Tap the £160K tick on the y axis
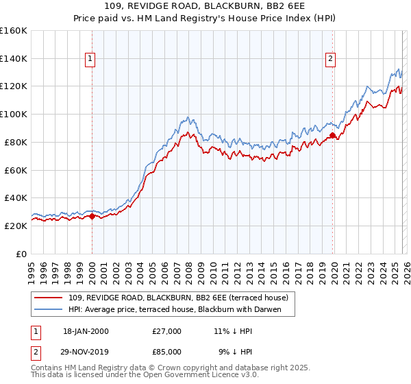point(14,31)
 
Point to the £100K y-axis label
point(14,114)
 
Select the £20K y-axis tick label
point(16,226)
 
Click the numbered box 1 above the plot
point(91,60)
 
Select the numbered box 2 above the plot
point(330,60)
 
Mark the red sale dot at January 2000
point(92,216)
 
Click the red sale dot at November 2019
point(332,135)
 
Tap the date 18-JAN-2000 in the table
point(85,331)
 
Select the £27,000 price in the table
point(166,331)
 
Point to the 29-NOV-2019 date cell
point(86,353)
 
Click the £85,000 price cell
point(166,353)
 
